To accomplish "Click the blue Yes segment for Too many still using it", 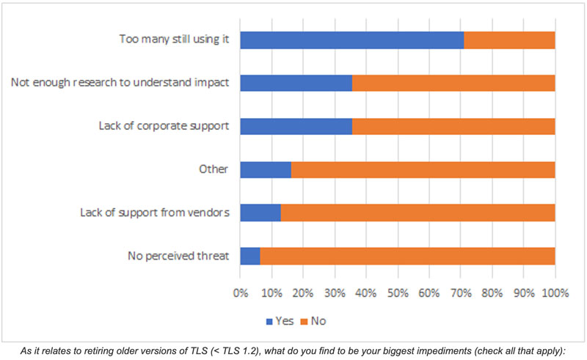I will coord(351,40).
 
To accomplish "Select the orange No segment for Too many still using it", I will coord(509,40).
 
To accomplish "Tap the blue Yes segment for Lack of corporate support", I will coord(296,126).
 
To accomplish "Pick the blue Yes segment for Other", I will coord(265,169).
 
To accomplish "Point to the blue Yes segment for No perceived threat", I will coord(249,256).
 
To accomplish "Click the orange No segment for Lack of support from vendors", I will coord(418,213).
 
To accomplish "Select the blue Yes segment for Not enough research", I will coord(296,83).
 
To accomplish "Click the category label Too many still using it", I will coord(175,40).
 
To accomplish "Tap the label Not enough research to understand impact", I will coord(121,83).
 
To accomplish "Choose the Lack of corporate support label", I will coord(164,126).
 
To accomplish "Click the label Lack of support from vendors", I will coord(155,213).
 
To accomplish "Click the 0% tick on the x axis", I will coord(240,293).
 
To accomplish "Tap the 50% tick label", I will coord(397,293).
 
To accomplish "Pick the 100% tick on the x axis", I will coord(555,293).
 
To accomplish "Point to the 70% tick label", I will coord(460,293).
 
